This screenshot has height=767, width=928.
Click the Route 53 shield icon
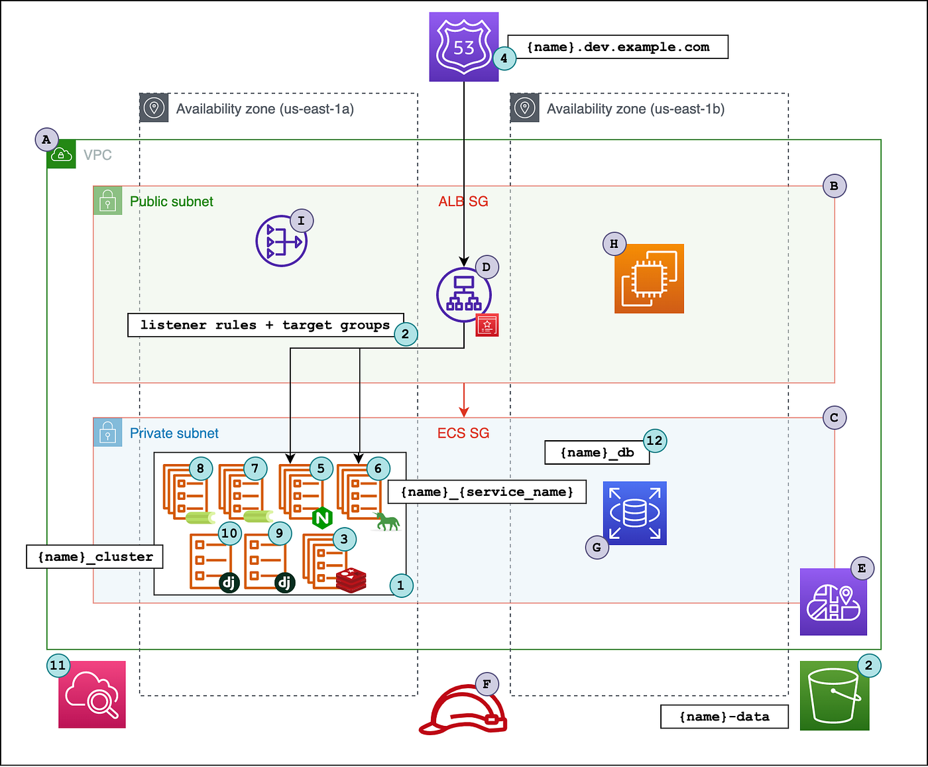(463, 47)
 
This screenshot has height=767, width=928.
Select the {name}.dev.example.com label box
(618, 47)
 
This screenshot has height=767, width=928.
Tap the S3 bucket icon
(834, 696)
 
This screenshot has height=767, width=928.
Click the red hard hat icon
(463, 711)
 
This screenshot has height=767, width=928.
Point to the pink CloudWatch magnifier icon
(92, 694)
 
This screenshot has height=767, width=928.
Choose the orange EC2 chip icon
(649, 278)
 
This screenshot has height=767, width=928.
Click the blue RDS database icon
(634, 513)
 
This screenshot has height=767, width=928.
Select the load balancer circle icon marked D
(463, 295)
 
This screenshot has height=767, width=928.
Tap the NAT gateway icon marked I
(281, 241)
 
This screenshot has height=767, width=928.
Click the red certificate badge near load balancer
(487, 325)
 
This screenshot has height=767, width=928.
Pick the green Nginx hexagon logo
(322, 517)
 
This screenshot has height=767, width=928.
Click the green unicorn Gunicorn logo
(388, 522)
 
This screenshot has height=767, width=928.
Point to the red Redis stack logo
(351, 579)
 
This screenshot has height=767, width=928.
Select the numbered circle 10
(229, 533)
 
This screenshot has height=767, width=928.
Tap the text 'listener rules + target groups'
(265, 325)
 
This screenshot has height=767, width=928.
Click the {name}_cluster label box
(95, 557)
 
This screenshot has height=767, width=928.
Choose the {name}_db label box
(597, 453)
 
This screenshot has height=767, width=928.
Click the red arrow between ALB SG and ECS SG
(464, 400)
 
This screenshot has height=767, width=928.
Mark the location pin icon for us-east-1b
(524, 108)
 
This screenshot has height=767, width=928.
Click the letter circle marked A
(46, 140)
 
